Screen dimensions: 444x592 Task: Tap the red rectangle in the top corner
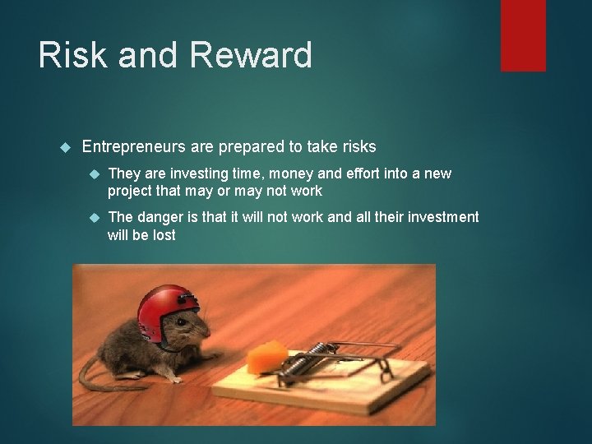point(523,35)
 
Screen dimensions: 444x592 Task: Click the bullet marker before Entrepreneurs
point(67,148)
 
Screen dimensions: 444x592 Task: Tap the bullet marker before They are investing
point(93,174)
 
